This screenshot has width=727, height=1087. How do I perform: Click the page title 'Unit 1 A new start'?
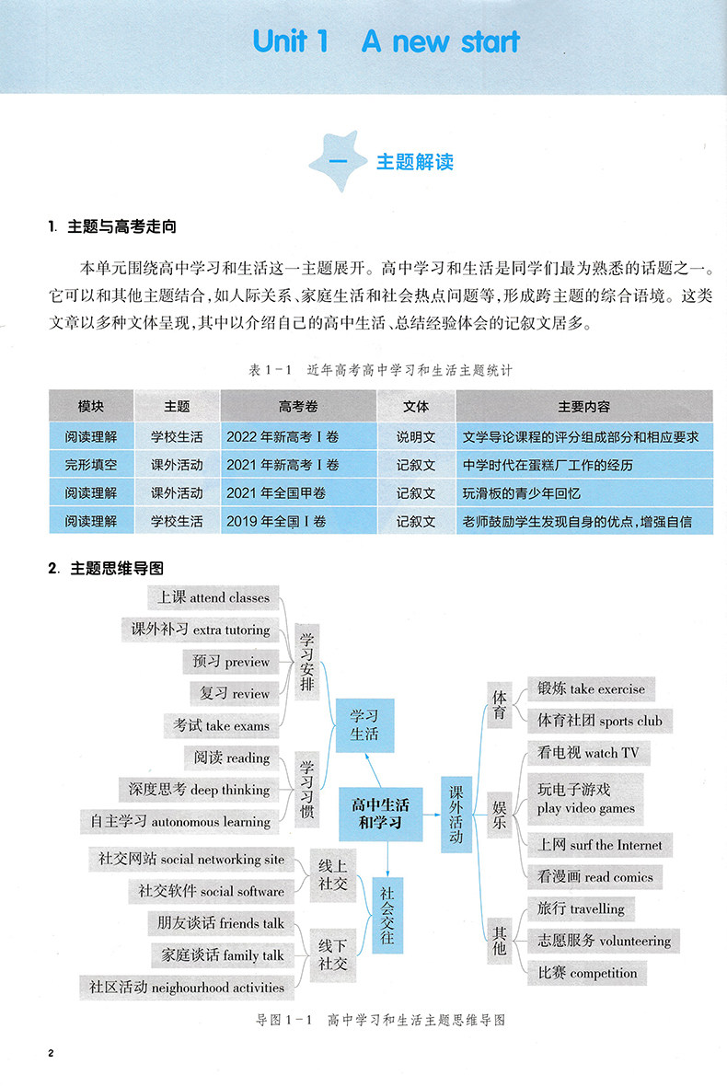(x=386, y=41)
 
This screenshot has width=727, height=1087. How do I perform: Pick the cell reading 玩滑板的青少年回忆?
(x=522, y=493)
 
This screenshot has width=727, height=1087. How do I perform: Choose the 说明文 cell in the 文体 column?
(x=416, y=437)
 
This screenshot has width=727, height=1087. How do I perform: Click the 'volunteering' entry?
(x=605, y=941)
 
